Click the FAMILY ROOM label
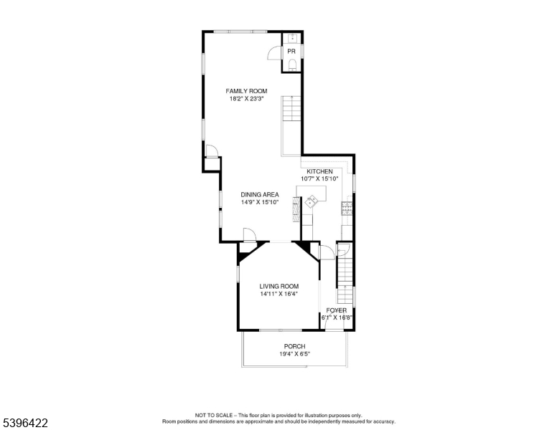point(246,91)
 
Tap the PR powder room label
point(291,52)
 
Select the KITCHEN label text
point(319,171)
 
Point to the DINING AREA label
point(259,194)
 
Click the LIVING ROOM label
point(278,286)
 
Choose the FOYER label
point(336,310)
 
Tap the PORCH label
point(294,346)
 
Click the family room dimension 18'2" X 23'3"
point(246,99)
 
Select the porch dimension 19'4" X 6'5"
point(294,354)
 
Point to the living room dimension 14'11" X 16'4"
point(278,294)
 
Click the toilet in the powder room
point(291,65)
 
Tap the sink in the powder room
point(291,37)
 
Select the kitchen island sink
point(311,203)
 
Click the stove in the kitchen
point(347,209)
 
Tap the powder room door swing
point(274,52)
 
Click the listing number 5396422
point(24,423)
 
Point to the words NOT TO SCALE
point(215,415)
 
